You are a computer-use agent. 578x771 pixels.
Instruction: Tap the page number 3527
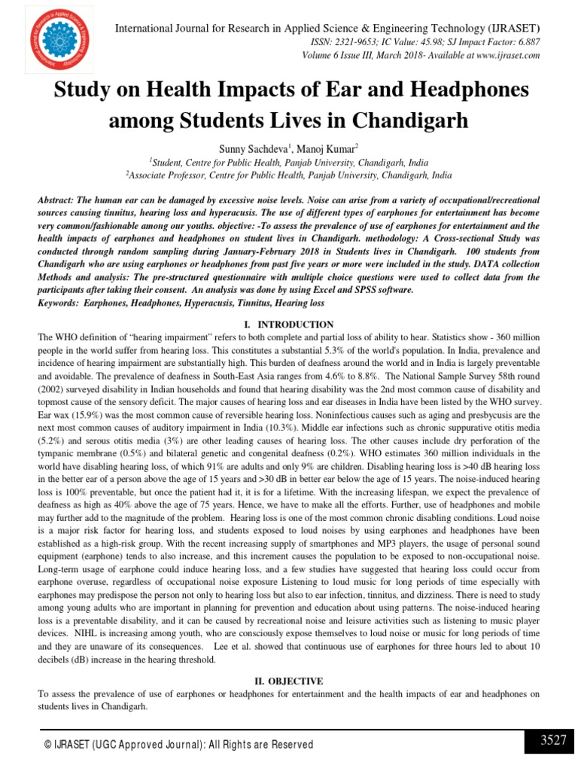pos(552,741)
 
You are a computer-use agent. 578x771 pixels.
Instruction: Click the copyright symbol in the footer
pos(47,745)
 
